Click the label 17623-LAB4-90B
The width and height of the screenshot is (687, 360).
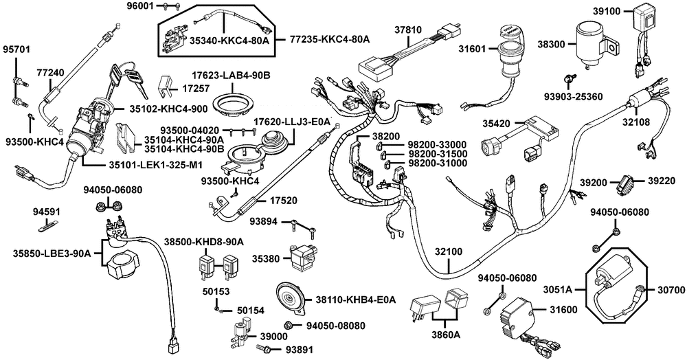[x=232, y=74]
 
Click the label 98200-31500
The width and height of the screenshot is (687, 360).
[x=437, y=153]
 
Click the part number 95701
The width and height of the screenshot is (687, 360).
[x=17, y=50]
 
